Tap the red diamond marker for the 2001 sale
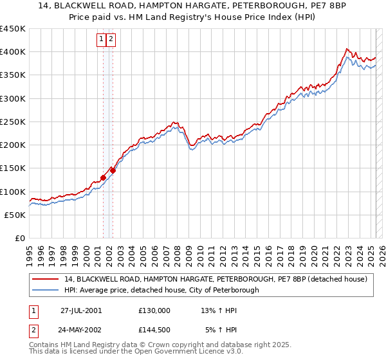(103, 177)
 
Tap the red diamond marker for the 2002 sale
(113, 170)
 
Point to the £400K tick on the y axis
(14, 52)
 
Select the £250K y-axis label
(14, 122)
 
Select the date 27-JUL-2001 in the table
(80, 310)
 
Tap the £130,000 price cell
(154, 310)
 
